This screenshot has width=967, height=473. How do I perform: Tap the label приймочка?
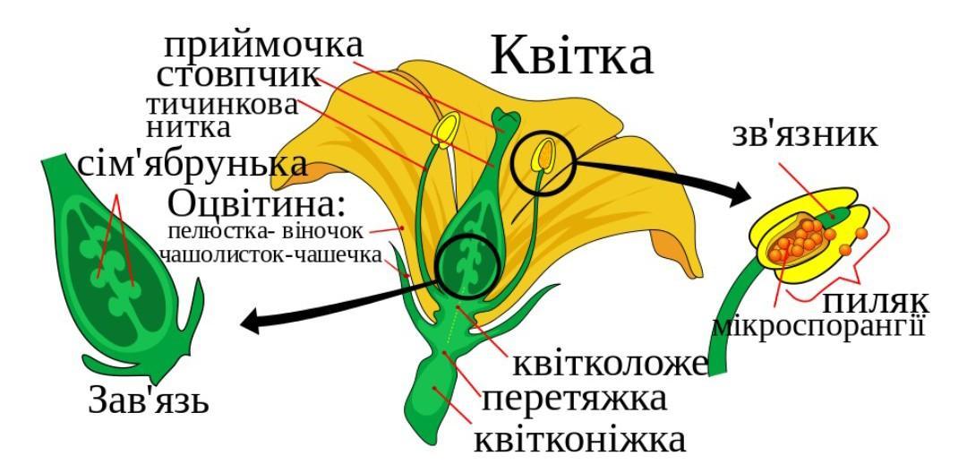click(x=263, y=45)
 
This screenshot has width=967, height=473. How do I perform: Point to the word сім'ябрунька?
click(x=193, y=165)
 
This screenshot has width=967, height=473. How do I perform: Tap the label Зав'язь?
click(x=149, y=400)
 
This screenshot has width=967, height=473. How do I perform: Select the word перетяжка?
click(x=574, y=398)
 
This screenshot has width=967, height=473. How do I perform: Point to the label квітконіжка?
click(x=580, y=439)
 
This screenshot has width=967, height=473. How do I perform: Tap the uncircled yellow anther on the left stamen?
click(x=445, y=132)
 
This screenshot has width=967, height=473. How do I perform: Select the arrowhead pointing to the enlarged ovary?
click(x=253, y=322)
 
